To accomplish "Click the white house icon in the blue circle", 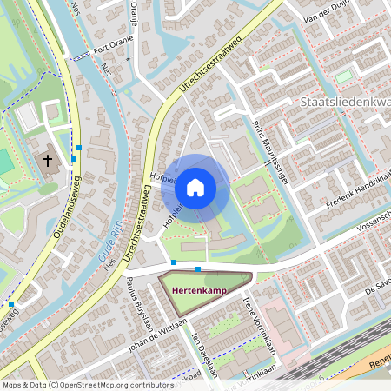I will click(195, 188).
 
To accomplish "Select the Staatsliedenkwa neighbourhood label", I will click(343, 103).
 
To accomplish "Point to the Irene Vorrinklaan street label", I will click(261, 322).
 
